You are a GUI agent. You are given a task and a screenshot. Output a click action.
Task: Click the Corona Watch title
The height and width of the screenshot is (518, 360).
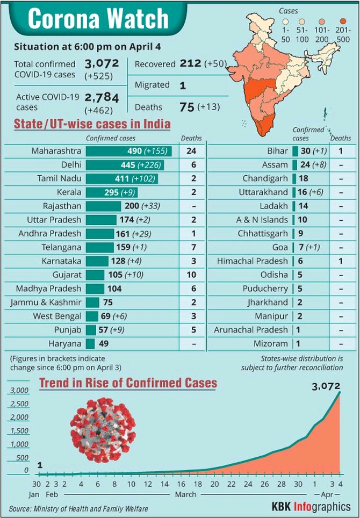click(x=98, y=19)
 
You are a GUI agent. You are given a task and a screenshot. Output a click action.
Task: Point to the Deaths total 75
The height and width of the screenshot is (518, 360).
click(x=186, y=106)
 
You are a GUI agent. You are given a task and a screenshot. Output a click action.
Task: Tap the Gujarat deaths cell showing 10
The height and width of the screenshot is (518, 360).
click(x=191, y=274)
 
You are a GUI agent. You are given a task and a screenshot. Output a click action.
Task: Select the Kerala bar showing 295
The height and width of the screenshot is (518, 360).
click(x=112, y=192)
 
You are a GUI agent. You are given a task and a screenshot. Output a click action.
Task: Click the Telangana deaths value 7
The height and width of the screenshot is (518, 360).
click(x=191, y=247)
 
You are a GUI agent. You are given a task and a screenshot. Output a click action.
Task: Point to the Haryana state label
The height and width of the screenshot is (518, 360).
click(x=64, y=343)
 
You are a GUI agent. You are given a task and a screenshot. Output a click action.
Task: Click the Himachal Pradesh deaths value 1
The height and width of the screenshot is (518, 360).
click(x=341, y=261)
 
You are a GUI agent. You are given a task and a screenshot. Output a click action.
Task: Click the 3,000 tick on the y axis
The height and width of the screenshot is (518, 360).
click(x=19, y=390)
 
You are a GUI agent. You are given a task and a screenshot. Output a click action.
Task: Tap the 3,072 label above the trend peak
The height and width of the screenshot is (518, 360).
click(x=327, y=385)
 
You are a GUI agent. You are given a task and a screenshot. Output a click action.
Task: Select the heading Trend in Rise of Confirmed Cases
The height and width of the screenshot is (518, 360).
click(x=128, y=383)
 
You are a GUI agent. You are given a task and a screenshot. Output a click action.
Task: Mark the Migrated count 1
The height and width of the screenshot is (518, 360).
click(x=183, y=85)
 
